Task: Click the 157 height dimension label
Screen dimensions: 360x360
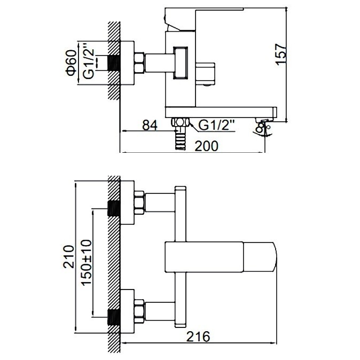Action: tap(281, 54)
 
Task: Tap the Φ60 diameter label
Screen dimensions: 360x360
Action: tap(71, 62)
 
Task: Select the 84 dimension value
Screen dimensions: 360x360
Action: tap(150, 125)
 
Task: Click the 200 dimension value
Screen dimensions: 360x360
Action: tap(206, 146)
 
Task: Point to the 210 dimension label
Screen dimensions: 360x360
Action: tap(69, 257)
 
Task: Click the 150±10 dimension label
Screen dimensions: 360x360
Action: tap(87, 262)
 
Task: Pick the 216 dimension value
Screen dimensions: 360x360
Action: tap(198, 336)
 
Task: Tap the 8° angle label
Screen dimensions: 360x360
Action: tap(261, 128)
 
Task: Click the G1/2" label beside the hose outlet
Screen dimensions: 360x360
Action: tap(216, 125)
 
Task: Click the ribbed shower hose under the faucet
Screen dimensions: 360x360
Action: tap(180, 140)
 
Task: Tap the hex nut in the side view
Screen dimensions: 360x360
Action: tap(139, 63)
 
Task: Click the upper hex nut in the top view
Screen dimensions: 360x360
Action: tap(139, 202)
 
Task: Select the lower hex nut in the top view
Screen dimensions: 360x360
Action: tap(139, 311)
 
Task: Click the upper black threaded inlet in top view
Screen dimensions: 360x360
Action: tap(114, 208)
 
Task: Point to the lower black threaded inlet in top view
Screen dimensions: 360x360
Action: tap(114, 317)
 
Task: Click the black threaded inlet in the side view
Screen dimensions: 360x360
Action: tap(114, 63)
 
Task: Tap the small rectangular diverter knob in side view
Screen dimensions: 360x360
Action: tap(205, 73)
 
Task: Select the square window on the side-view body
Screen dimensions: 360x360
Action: tap(181, 62)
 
